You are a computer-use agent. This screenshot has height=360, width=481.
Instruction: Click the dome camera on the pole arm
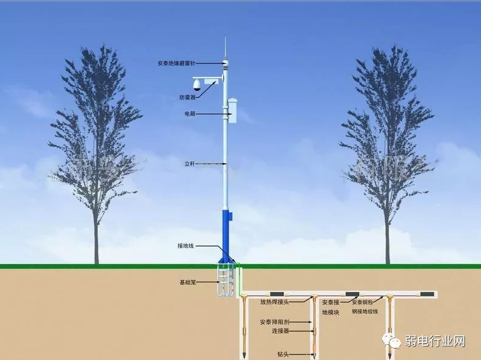197,84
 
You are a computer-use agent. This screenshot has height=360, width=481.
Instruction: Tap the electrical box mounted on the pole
232,108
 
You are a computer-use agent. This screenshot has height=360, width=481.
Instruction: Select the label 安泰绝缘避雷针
177,63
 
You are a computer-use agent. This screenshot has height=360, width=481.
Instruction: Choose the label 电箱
190,114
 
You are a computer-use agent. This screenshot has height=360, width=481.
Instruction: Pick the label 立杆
190,164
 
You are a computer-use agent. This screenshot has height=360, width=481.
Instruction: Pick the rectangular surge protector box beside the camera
212,81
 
